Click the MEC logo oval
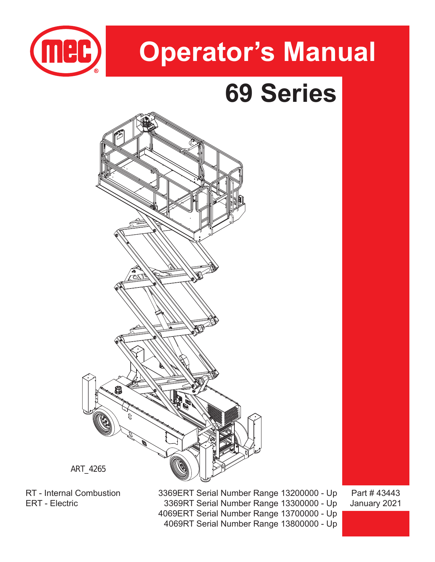[66, 51]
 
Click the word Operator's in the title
[207, 52]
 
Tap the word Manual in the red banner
[329, 52]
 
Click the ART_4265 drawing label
[88, 469]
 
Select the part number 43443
[388, 493]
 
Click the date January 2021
[375, 503]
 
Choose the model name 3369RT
[179, 503]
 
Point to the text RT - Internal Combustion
[73, 493]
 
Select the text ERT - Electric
[52, 503]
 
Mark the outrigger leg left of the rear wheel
[88, 393]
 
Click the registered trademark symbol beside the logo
[97, 71]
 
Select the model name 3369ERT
[176, 493]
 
